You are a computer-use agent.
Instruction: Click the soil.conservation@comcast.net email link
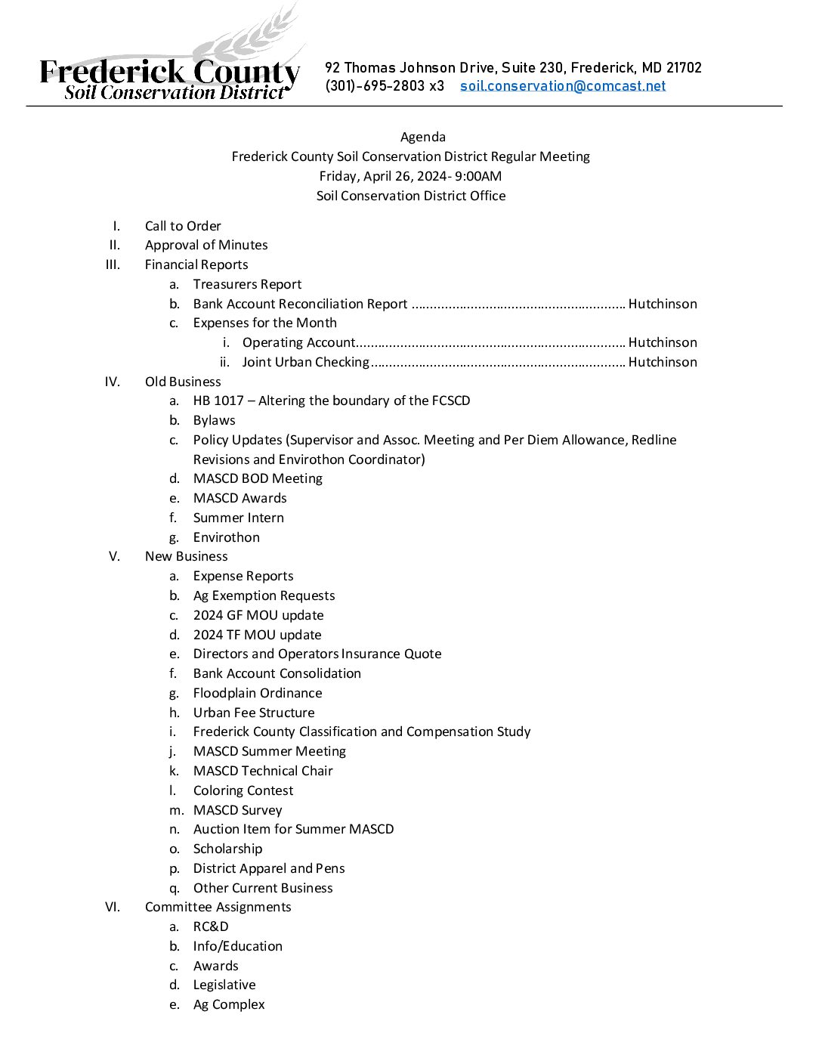[563, 86]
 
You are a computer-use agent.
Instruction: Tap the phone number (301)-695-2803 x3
[385, 86]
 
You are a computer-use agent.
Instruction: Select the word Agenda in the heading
[423, 137]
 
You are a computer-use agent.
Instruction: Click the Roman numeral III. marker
[113, 264]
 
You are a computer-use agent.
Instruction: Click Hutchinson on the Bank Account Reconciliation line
[663, 304]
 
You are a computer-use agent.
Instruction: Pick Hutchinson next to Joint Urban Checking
[663, 362]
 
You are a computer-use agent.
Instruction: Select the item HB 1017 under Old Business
[218, 401]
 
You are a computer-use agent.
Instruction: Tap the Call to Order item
[183, 226]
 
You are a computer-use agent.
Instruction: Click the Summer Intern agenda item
[239, 518]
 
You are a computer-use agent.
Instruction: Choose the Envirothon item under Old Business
[227, 537]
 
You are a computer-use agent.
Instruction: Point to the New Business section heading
[187, 556]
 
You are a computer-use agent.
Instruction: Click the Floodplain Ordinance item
[258, 693]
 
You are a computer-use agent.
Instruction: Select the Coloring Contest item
[243, 790]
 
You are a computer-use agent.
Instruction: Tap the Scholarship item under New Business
[228, 849]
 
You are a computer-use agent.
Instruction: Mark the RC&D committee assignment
[211, 926]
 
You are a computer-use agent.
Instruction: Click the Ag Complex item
[229, 1004]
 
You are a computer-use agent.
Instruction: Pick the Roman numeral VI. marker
[113, 907]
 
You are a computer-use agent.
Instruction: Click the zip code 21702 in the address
[684, 68]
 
